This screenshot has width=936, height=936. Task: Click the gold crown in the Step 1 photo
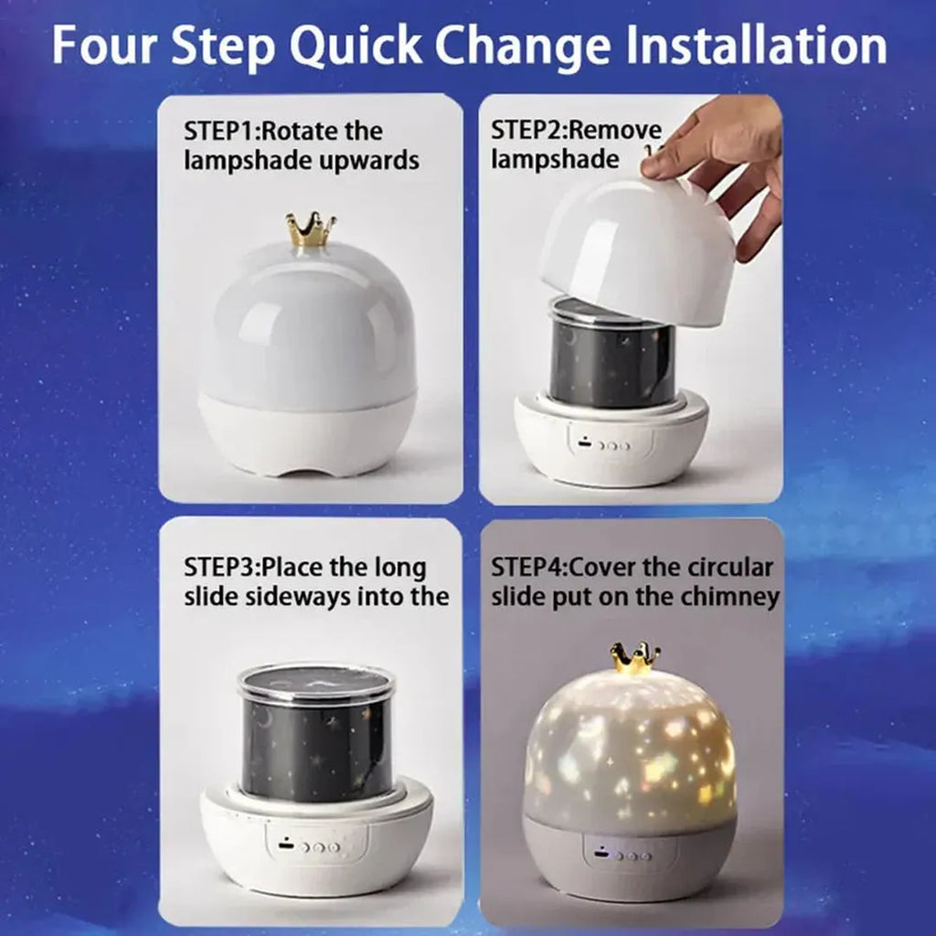[309, 231]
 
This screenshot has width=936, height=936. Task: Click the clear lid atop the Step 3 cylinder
[316, 681]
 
